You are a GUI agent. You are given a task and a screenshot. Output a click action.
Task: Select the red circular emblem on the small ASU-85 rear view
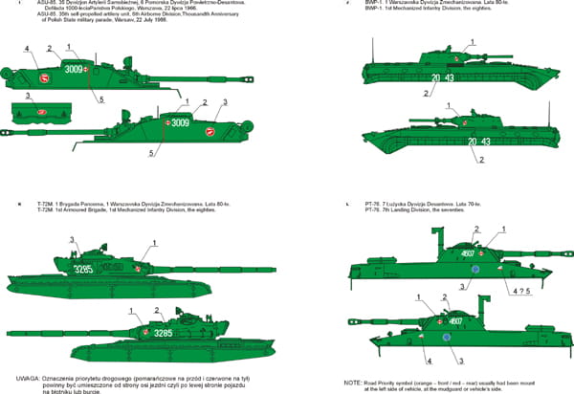pos(41,112)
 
